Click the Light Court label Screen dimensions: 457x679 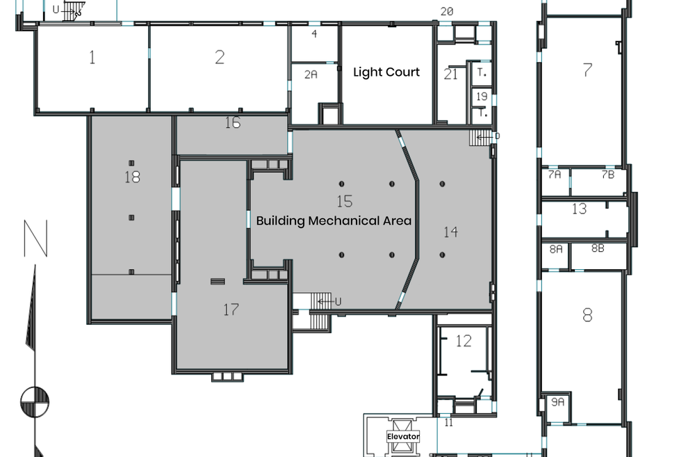click(386, 72)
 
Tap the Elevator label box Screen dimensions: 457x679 click(403, 437)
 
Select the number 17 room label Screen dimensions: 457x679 click(231, 310)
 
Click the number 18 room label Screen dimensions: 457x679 click(132, 177)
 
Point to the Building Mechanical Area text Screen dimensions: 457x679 click(334, 221)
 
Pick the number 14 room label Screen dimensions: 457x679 click(450, 232)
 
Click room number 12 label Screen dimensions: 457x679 click(464, 341)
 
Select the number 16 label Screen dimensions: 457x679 click(233, 123)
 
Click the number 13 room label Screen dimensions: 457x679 click(579, 209)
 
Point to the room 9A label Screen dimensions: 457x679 click(557, 402)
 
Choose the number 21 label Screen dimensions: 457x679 click(451, 74)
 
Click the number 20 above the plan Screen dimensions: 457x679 click(447, 11)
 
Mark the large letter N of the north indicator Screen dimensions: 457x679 click(35, 239)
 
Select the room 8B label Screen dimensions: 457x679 click(598, 248)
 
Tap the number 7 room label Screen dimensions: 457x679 click(587, 70)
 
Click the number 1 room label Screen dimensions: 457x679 click(92, 57)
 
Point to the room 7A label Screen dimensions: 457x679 click(554, 175)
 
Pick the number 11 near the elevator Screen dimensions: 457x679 click(448, 422)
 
